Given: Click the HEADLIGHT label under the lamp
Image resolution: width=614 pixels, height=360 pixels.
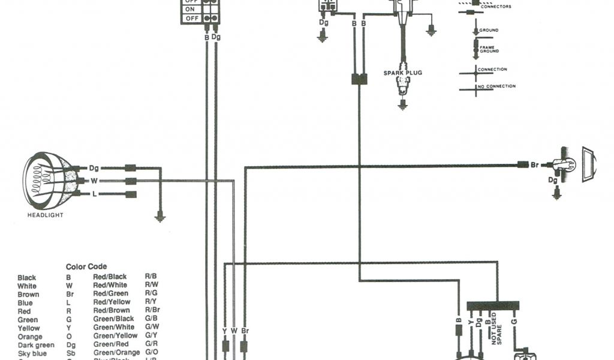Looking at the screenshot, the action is click(x=45, y=214).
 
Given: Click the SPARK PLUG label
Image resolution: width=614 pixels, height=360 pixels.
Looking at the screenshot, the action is click(x=402, y=73).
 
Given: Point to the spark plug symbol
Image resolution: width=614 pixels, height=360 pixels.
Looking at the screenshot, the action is click(x=402, y=87).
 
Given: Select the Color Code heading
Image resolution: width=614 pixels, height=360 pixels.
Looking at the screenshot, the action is click(x=86, y=266).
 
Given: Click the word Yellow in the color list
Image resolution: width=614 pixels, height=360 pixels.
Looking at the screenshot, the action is click(x=29, y=328).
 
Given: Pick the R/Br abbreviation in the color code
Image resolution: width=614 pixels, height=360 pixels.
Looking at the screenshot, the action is click(x=152, y=311).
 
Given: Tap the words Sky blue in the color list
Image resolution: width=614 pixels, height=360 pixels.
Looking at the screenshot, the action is click(x=29, y=353).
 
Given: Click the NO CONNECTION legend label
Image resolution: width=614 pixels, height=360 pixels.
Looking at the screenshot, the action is click(x=497, y=86).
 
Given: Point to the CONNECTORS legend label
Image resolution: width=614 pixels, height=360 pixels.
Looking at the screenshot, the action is click(x=496, y=7).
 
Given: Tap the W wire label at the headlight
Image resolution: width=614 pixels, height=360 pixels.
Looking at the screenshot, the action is click(x=94, y=181).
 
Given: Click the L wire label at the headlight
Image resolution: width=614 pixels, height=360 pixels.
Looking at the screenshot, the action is click(x=94, y=194).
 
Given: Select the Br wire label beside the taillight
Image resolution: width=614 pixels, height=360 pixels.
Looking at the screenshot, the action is click(x=535, y=164).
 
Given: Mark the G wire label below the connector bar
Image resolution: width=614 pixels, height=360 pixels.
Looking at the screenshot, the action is click(x=513, y=322).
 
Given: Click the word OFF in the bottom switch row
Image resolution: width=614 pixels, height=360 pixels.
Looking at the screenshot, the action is click(x=192, y=19).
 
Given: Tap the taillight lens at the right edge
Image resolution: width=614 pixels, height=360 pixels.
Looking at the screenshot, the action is click(x=590, y=163).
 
